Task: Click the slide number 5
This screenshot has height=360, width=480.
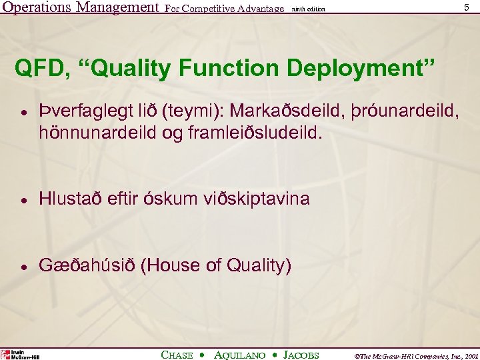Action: [465, 7]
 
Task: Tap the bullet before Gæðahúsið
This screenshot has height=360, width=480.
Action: [23, 266]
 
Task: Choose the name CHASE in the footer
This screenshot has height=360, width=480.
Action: [177, 355]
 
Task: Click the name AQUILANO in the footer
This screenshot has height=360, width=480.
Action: [241, 355]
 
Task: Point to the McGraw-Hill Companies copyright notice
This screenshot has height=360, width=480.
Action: [408, 355]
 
